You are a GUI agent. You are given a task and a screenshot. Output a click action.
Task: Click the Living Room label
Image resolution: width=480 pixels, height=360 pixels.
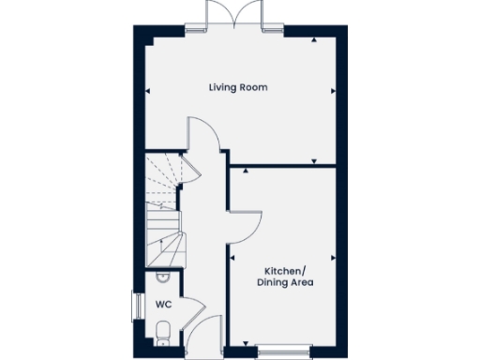[238, 87]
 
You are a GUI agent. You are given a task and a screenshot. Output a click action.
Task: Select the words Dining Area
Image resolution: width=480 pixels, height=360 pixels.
[286, 281]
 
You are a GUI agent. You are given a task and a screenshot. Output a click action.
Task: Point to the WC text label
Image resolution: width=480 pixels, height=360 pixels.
[162, 305]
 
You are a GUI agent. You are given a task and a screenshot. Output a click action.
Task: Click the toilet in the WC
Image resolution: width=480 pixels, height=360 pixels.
[162, 331]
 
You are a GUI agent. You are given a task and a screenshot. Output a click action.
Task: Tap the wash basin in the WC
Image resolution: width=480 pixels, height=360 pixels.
[161, 277]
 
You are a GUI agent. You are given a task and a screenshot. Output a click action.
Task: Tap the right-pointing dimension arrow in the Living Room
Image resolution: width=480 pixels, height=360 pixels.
[331, 91]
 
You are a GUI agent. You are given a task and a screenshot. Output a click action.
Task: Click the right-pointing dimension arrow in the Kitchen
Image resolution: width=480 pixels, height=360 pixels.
[331, 256]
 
